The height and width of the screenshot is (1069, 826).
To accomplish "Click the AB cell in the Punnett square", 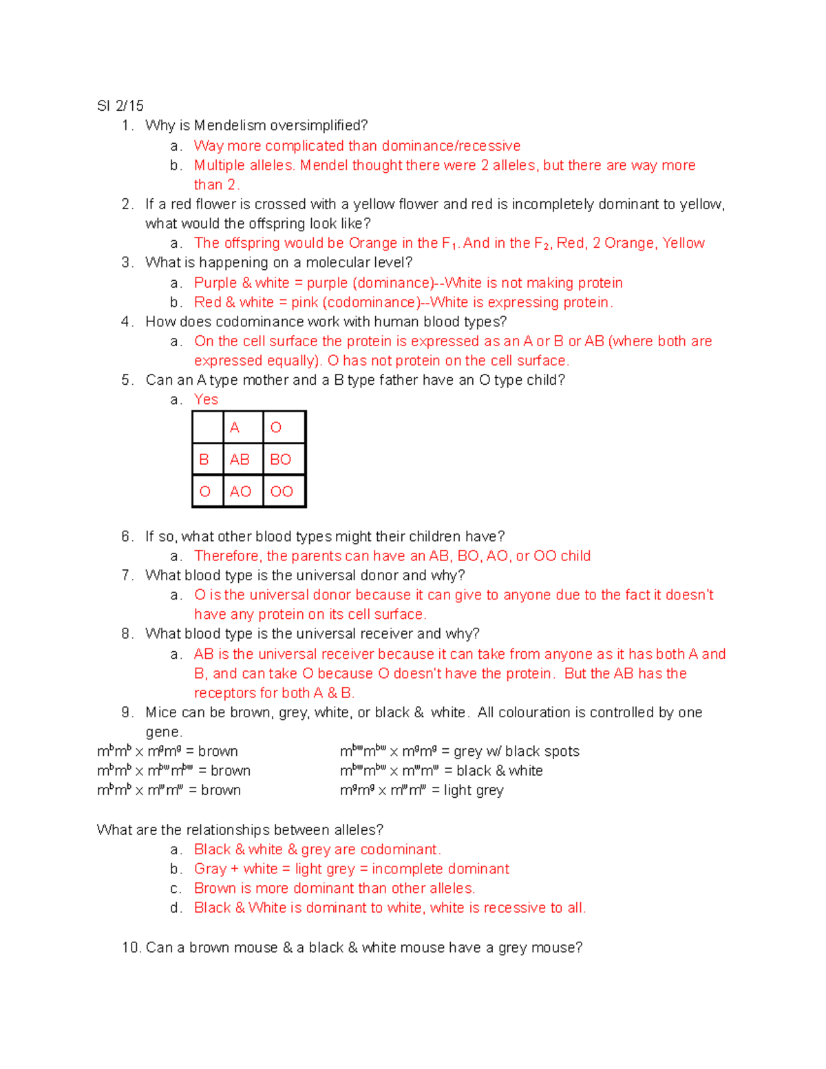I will pos(240,460).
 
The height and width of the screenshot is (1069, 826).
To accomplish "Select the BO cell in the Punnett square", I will pos(280,460).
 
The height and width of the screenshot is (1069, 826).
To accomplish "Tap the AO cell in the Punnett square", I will pos(240,491).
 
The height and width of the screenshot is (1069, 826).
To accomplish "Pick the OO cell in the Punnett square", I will pos(282,491).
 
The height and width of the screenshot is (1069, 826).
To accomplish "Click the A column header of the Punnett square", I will pos(235,427).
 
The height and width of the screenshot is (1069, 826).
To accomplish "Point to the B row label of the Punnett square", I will pos(204,460).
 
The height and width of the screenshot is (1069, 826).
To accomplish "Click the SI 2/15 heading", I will pos(120,106).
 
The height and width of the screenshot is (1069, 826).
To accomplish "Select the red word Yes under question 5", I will pos(206,400).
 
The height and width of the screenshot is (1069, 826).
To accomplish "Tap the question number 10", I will pos(131,948).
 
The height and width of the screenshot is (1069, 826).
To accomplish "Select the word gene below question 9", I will pos(163,732).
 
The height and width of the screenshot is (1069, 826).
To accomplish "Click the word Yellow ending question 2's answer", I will pos(684,243).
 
